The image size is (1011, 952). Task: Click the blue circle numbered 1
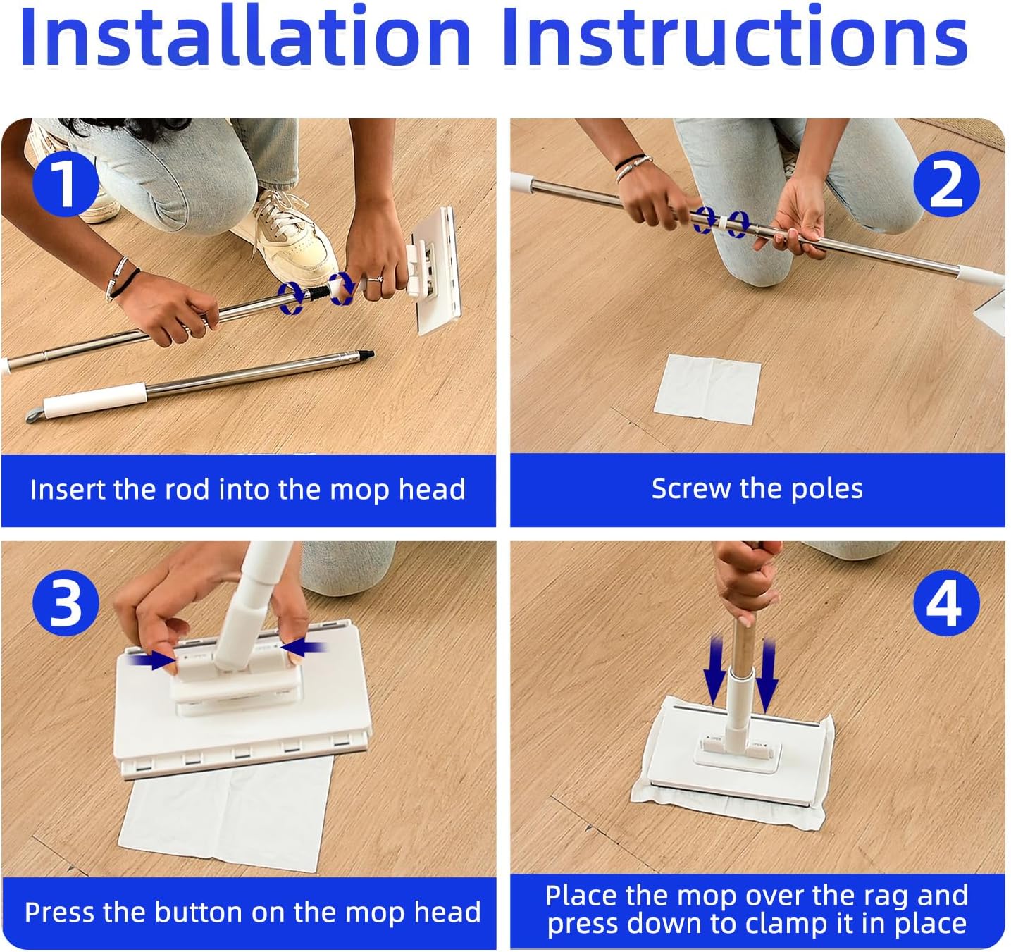pos(66,183)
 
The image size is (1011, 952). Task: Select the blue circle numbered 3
pos(66,603)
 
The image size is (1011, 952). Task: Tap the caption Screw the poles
pos(757,489)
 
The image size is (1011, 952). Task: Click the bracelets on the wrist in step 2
pos(632,167)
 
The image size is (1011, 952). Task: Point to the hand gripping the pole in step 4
pos(747,582)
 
